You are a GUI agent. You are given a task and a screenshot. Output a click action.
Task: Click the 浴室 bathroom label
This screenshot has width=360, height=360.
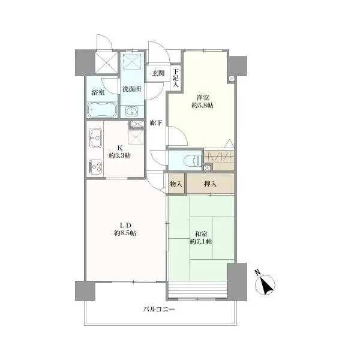(98, 92)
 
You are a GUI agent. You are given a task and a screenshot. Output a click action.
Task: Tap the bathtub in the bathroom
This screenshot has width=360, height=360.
(103, 110)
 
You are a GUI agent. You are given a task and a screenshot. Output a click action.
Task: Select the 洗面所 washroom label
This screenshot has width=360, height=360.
(132, 89)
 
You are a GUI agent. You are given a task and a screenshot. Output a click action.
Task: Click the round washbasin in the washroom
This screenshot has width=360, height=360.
(131, 112)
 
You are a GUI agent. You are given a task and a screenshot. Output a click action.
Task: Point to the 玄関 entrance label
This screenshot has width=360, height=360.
(158, 73)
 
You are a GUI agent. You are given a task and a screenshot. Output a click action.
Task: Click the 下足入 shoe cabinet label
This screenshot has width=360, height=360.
(176, 78)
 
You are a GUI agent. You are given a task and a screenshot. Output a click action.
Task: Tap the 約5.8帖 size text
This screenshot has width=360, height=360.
(203, 106)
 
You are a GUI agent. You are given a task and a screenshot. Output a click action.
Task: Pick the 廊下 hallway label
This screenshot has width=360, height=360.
(156, 123)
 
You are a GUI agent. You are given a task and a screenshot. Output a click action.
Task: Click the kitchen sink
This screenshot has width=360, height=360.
(95, 138)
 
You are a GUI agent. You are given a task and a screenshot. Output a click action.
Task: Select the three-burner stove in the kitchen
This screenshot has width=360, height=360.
(95, 167)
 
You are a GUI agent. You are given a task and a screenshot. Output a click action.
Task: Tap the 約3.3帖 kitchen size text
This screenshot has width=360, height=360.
(119, 155)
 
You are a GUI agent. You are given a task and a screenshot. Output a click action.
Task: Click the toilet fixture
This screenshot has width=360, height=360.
(193, 160)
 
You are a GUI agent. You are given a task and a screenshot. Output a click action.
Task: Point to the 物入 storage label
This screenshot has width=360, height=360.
(176, 184)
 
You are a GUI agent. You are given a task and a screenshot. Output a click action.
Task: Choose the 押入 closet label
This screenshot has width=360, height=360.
(210, 184)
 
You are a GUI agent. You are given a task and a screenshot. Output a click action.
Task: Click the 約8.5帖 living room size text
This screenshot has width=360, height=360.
(125, 233)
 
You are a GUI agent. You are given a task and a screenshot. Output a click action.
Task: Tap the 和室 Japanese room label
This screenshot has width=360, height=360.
(201, 234)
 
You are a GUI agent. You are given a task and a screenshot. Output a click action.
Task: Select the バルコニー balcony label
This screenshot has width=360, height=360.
(160, 309)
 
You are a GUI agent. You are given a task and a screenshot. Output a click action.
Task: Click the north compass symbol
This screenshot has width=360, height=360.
(265, 284)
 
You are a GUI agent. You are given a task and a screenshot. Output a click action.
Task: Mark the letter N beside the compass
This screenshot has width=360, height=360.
(257, 272)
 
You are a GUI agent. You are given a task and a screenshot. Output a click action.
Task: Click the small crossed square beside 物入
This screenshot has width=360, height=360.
(207, 167)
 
